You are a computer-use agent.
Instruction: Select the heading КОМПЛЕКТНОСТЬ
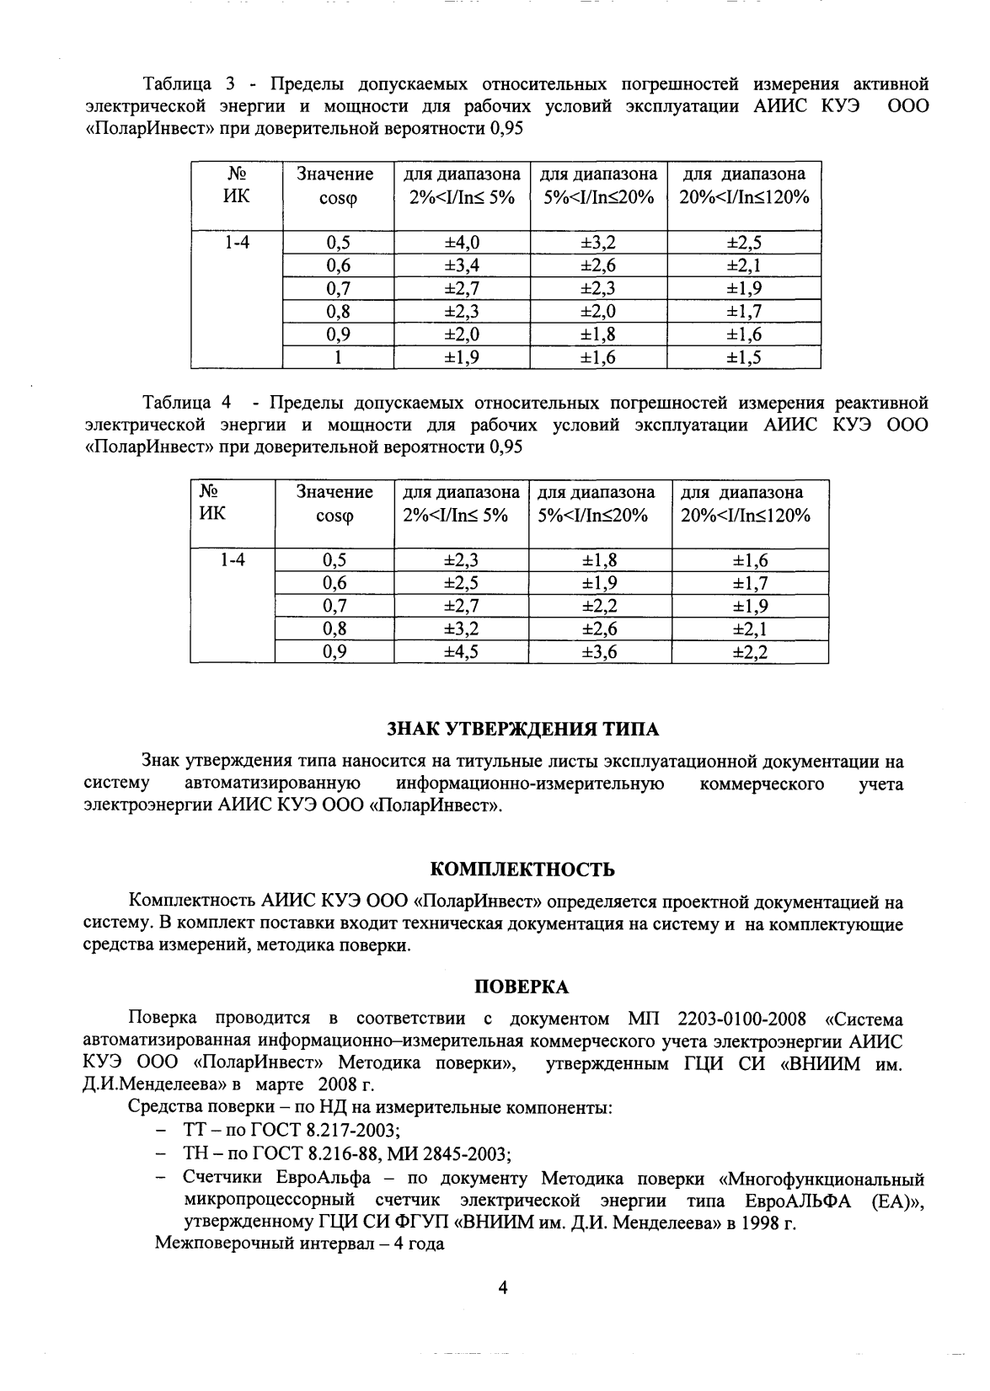tap(522, 869)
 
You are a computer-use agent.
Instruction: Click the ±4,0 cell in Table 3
tap(462, 243)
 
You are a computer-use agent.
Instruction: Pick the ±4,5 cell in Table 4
tap(462, 651)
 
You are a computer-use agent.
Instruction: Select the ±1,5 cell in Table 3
tap(744, 357)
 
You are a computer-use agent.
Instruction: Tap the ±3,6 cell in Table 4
tap(599, 651)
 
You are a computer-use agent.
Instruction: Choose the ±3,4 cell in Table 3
tap(462, 266)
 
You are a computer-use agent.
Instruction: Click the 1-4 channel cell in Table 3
tap(238, 243)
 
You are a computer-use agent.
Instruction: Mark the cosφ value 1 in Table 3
tap(338, 357)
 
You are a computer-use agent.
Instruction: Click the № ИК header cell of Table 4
tap(213, 502)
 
